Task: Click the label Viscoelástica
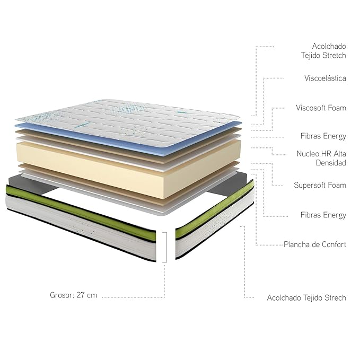tap(325, 78)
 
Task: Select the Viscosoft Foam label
tap(321, 108)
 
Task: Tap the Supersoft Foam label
tap(320, 186)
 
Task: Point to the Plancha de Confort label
tap(315, 245)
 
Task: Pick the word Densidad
tap(331, 163)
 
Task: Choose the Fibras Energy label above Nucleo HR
tap(323, 136)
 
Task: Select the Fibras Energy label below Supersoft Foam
tap(323, 215)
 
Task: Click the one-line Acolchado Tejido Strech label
tap(306, 298)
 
